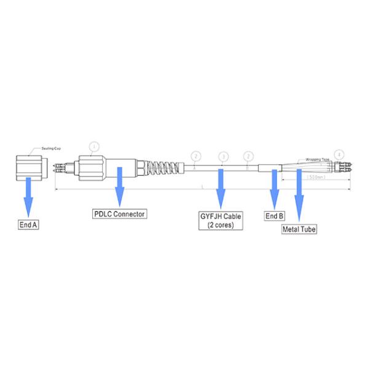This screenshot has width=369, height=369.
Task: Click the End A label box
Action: pos(28,225)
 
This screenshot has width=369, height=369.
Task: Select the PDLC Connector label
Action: pos(119,214)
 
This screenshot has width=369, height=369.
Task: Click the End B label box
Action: pos(274,216)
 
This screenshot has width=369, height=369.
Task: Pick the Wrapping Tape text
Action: pos(317,158)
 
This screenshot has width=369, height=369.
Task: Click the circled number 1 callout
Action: pos(93,146)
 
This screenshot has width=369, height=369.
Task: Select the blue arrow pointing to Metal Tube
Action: pos(300,197)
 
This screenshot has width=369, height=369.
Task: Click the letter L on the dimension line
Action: pos(202,186)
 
